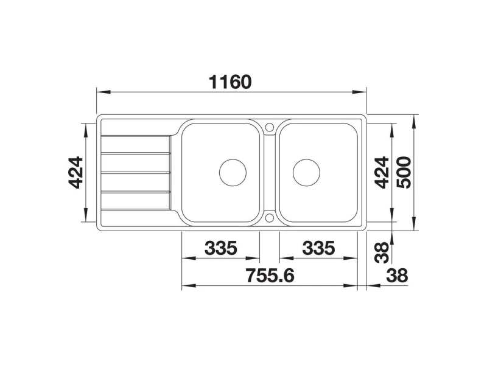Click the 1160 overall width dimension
point(230,82)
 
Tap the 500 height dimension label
point(404,173)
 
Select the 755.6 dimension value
point(270,276)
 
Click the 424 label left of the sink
point(75,173)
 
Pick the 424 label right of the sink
point(382,173)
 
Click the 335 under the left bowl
point(221,248)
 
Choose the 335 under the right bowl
point(318,248)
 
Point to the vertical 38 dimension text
point(382,252)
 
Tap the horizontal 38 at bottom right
point(398,276)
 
